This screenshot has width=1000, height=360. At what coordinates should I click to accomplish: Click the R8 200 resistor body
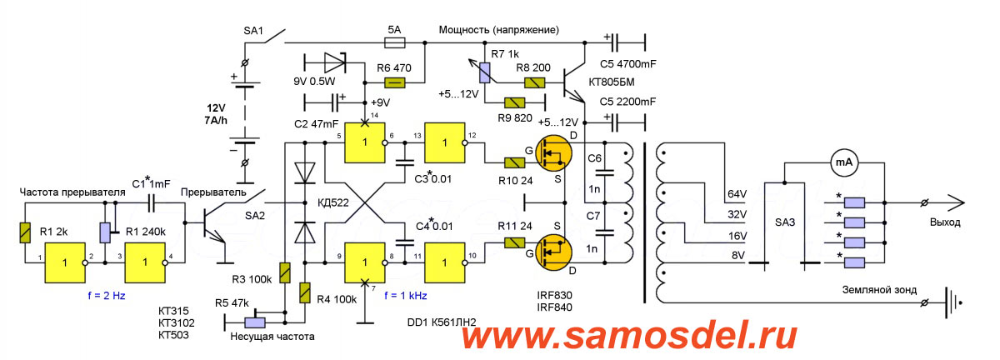coord(533,82)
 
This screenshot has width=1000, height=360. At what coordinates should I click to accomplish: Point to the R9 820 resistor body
coord(516,102)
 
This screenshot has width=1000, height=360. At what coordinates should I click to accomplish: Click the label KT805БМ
coord(636,82)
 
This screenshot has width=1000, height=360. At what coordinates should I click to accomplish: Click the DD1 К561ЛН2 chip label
coord(447,322)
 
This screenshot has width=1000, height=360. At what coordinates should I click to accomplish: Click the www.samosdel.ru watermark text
coord(628,337)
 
